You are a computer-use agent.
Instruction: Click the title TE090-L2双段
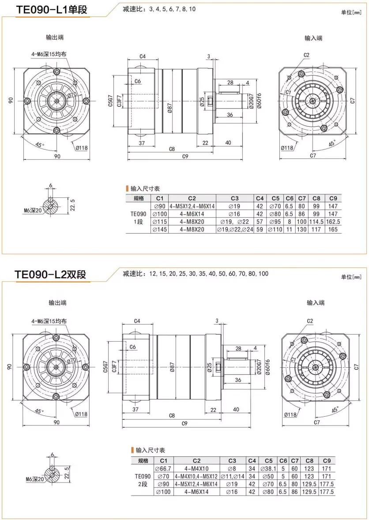point(50,274)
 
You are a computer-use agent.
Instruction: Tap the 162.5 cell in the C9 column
point(333,222)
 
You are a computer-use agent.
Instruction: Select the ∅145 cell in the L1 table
point(160,230)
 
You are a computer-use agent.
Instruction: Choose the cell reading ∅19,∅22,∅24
point(234,230)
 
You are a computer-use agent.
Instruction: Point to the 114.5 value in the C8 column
point(316,222)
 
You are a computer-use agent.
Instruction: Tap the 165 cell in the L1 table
point(333,230)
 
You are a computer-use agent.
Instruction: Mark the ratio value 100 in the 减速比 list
point(264,274)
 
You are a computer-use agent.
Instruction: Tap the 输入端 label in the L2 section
point(316,303)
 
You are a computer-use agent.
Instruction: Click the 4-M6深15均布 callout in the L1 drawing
point(49,55)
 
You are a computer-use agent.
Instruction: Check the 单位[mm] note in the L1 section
point(351,12)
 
